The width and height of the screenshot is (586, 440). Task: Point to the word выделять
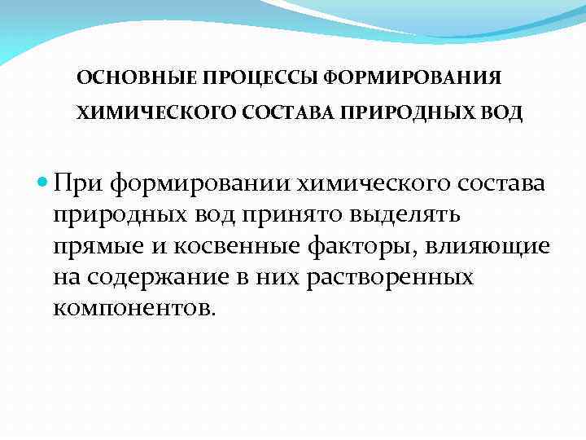[x=422, y=214]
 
